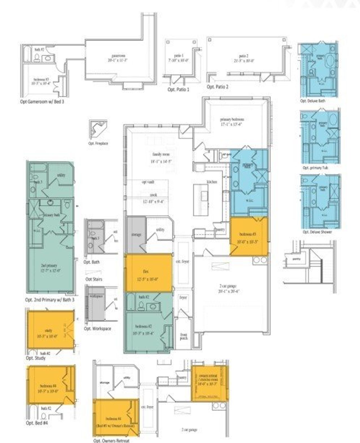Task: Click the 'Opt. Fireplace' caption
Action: tap(98, 143)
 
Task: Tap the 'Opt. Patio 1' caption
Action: tap(178, 89)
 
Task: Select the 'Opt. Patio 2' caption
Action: tap(217, 87)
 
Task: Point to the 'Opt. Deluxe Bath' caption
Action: tap(313, 101)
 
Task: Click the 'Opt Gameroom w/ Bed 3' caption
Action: tap(42, 101)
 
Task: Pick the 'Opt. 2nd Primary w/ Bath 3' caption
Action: tap(50, 300)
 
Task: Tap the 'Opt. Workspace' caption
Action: tap(97, 328)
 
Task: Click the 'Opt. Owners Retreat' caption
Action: tap(111, 440)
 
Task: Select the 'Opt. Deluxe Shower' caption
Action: tap(317, 232)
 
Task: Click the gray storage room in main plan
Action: tap(136, 235)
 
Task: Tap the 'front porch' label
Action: tap(183, 336)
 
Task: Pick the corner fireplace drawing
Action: tap(98, 129)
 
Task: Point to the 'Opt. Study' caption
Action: tap(35, 358)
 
